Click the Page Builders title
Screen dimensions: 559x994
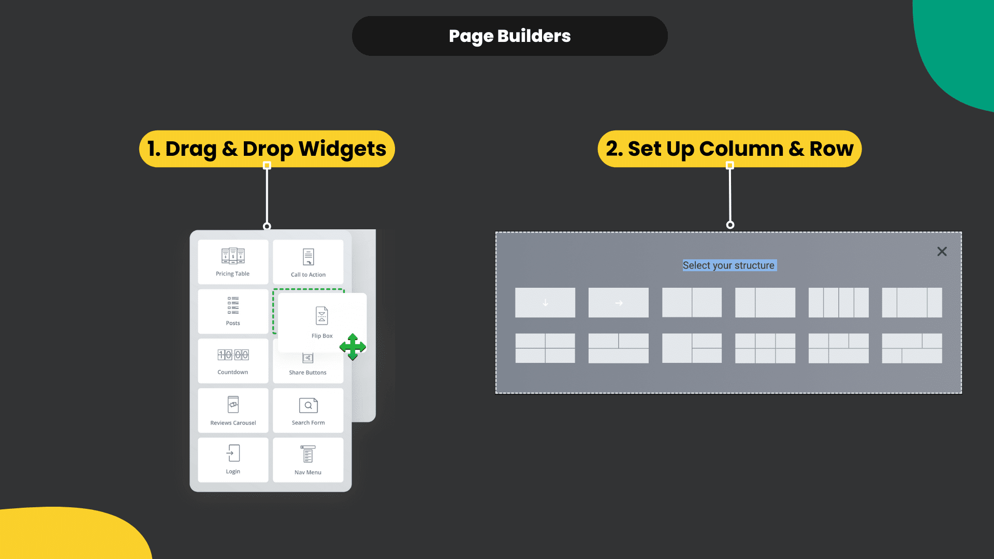pyautogui.click(x=509, y=36)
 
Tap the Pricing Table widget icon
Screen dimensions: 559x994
pyautogui.click(x=233, y=256)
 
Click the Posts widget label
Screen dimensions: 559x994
pyautogui.click(x=233, y=323)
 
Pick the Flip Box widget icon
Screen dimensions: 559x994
pyautogui.click(x=321, y=315)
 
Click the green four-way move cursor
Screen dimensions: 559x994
pyautogui.click(x=353, y=347)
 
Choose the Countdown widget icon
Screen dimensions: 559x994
pyautogui.click(x=233, y=355)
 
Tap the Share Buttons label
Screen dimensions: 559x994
pyautogui.click(x=308, y=373)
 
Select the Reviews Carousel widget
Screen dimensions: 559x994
pyautogui.click(x=233, y=410)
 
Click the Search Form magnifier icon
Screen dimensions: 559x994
pyautogui.click(x=308, y=405)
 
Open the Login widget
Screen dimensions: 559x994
pyautogui.click(x=233, y=459)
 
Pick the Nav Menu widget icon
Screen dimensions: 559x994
pyautogui.click(x=308, y=454)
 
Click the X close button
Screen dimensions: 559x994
pyautogui.click(x=942, y=252)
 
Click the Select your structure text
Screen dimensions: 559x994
pyautogui.click(x=728, y=266)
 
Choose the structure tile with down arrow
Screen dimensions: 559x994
pyautogui.click(x=545, y=303)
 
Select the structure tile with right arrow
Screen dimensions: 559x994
pyautogui.click(x=618, y=303)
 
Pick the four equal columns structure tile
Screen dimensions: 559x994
pyautogui.click(x=838, y=303)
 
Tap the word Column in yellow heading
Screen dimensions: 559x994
pyautogui.click(x=741, y=149)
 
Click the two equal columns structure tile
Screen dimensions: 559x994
pyautogui.click(x=692, y=303)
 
